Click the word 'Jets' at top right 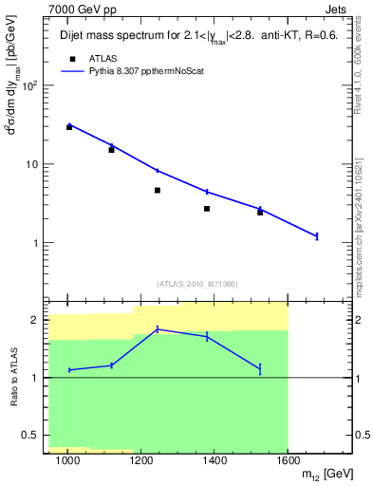pyautogui.click(x=334, y=9)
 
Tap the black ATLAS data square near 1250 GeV pyautogui.click(x=158, y=190)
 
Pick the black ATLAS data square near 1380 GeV pyautogui.click(x=207, y=208)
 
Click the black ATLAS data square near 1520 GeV pyautogui.click(x=260, y=213)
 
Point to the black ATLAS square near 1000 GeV pyautogui.click(x=69, y=126)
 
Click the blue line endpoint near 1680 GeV pyautogui.click(x=317, y=235)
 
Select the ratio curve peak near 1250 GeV pyautogui.click(x=158, y=329)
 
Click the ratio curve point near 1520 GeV pyautogui.click(x=260, y=368)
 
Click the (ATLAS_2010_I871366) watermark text pyautogui.click(x=196, y=284)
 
